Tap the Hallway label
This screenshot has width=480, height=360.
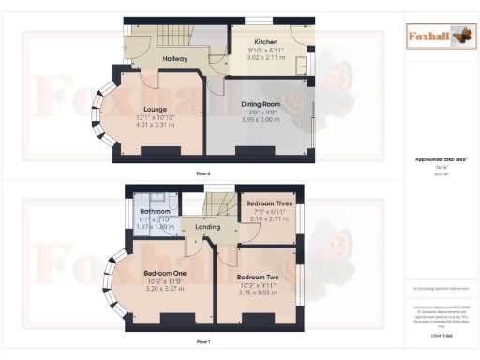[x=175, y=59]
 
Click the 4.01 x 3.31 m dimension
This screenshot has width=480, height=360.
[x=156, y=125]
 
